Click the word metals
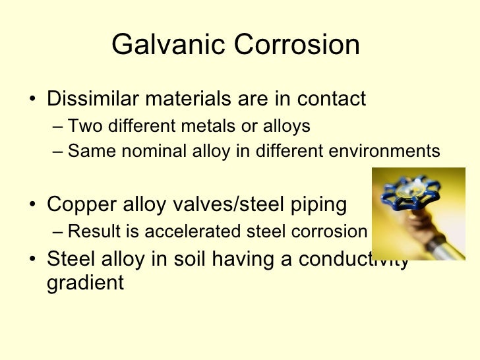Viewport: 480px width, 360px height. tap(210, 125)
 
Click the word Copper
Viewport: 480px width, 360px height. tap(82, 204)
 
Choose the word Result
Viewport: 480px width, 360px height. tap(92, 231)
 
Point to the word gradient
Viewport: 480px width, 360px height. tap(85, 284)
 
